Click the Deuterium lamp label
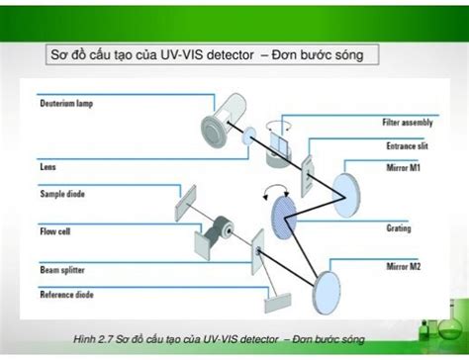[x=67, y=103]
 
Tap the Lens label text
[x=47, y=167]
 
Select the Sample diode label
[x=61, y=194]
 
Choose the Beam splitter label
[x=61, y=268]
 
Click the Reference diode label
[x=65, y=294]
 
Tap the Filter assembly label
[x=407, y=123]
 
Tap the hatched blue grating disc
[x=283, y=211]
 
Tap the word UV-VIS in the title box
[x=199, y=54]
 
